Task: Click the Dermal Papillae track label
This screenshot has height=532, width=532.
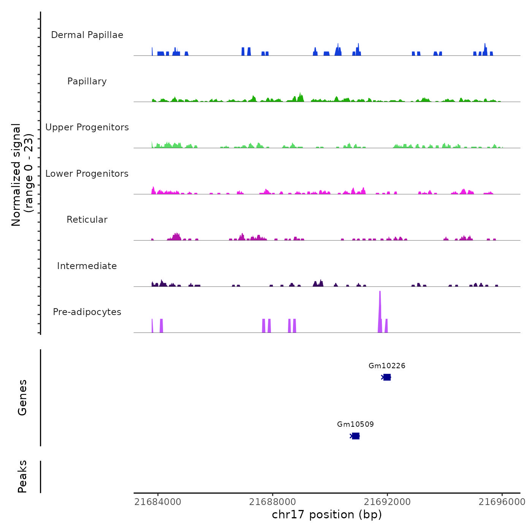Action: click(x=87, y=35)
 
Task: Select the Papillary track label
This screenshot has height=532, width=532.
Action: click(x=87, y=81)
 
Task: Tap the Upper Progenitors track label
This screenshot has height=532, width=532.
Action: click(x=87, y=127)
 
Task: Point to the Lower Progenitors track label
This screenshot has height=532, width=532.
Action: click(x=87, y=174)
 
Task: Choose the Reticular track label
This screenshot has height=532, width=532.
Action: click(x=87, y=220)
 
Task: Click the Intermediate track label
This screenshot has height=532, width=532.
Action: click(x=87, y=266)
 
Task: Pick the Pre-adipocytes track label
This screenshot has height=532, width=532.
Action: click(x=87, y=312)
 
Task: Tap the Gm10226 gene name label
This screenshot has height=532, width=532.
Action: click(x=387, y=366)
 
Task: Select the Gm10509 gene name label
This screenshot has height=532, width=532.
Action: click(x=355, y=424)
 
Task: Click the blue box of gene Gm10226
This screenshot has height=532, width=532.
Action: click(x=387, y=377)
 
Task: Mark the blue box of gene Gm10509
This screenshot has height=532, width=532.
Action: click(x=355, y=436)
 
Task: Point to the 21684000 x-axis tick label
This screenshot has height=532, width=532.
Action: click(x=158, y=502)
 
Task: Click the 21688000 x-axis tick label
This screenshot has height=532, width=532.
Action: click(x=272, y=502)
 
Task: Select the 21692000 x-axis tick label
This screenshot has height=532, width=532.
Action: click(x=387, y=502)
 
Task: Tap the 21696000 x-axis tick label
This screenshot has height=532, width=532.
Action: click(x=502, y=502)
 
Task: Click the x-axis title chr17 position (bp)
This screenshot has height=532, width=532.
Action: click(x=327, y=515)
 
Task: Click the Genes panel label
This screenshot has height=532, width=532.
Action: click(x=22, y=397)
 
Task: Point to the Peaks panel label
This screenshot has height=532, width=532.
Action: click(x=22, y=477)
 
